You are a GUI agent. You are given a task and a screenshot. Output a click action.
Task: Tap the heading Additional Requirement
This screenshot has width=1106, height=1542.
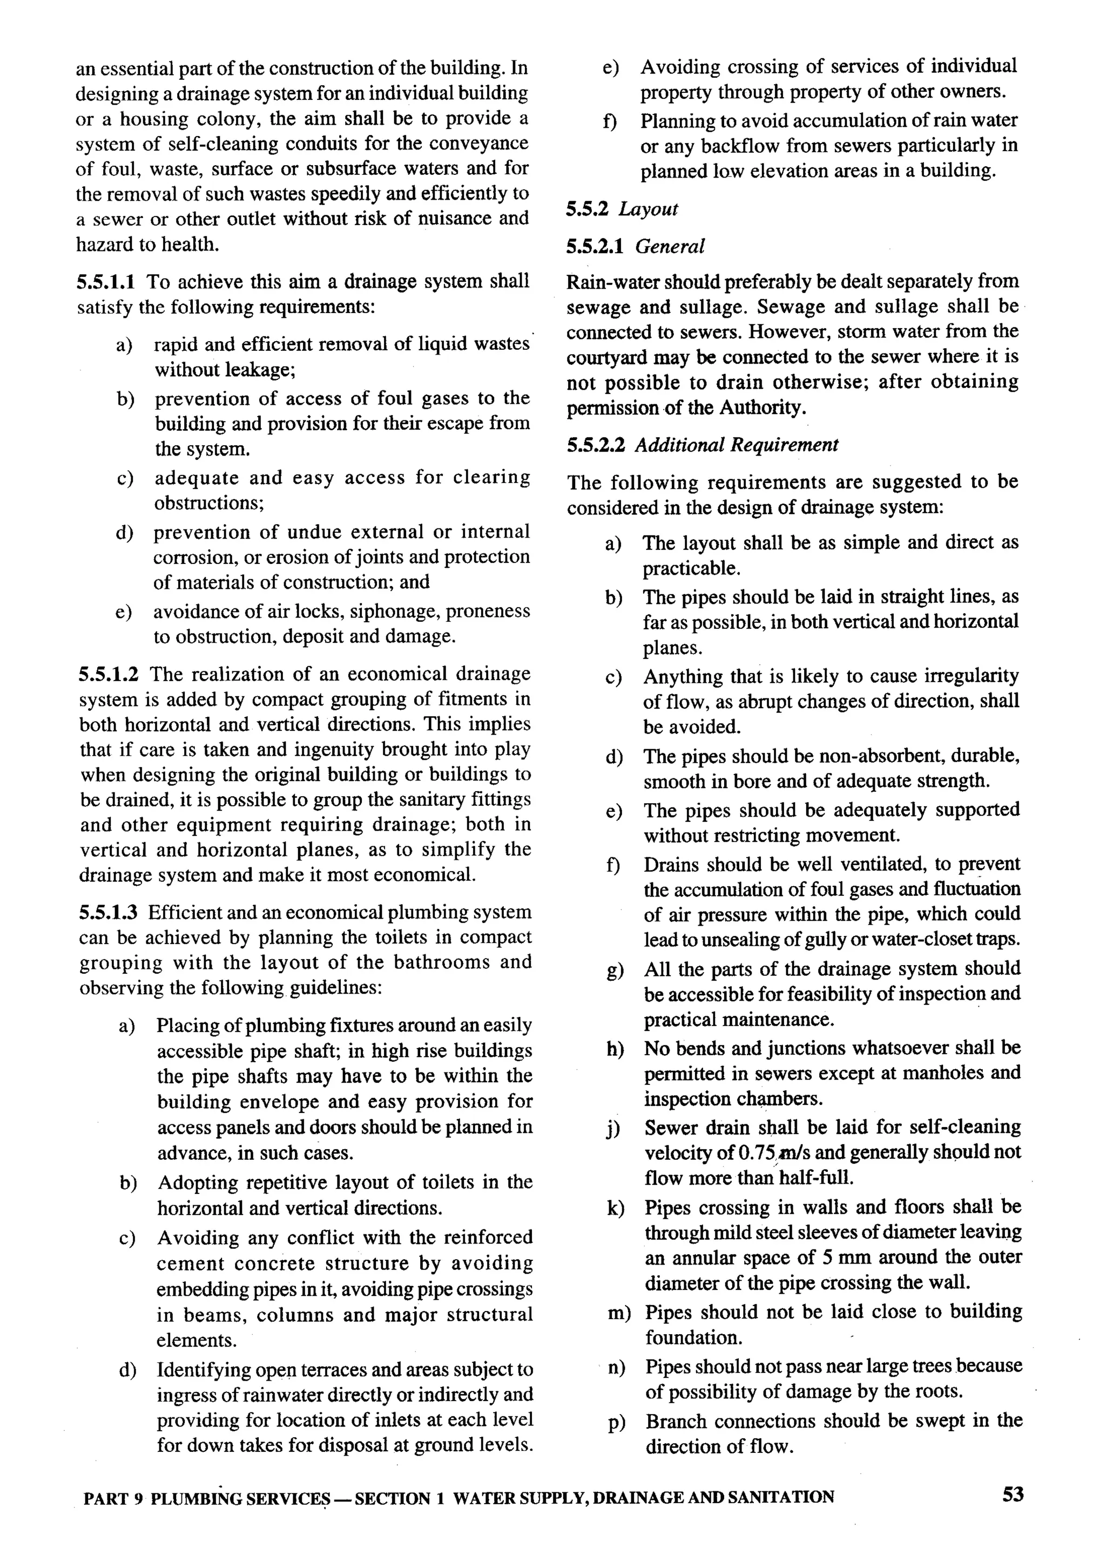point(736,445)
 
